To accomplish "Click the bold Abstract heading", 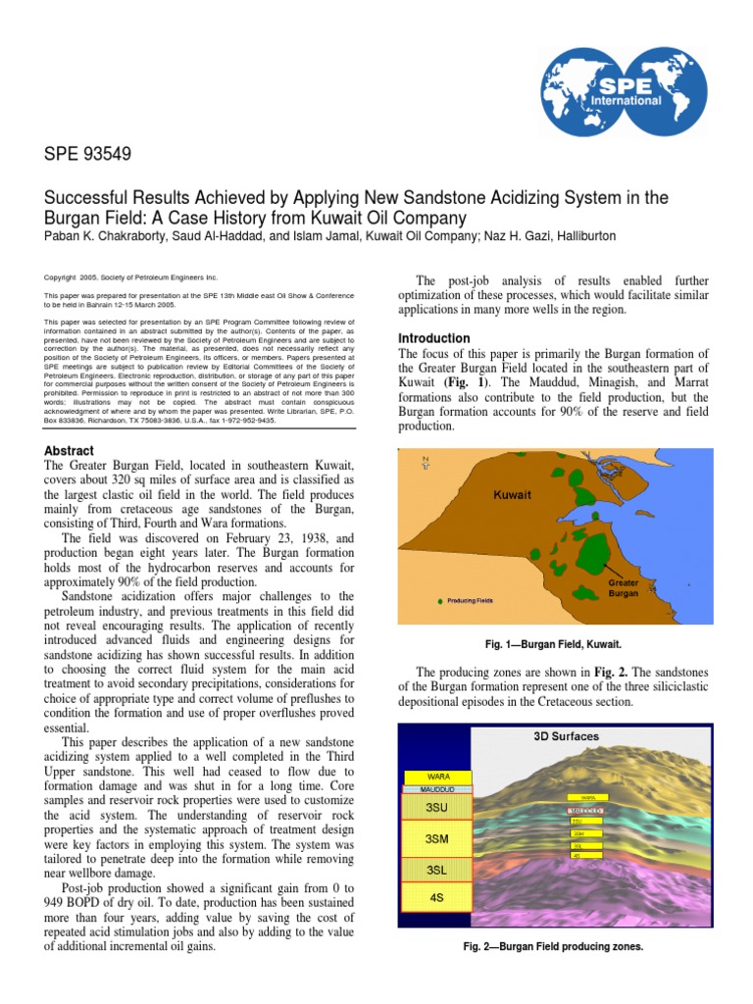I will click(x=70, y=450).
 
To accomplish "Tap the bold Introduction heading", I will click(x=433, y=338).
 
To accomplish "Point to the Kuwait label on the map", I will click(x=512, y=495).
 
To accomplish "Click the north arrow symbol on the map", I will click(x=425, y=463).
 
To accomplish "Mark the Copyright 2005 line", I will click(x=131, y=277).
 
